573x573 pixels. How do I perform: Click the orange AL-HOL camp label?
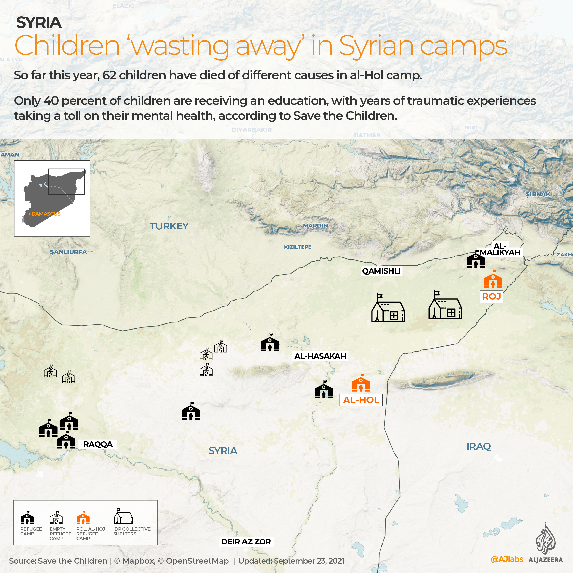click(x=361, y=400)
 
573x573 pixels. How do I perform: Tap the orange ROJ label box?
click(x=491, y=296)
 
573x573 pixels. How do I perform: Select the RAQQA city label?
click(x=98, y=444)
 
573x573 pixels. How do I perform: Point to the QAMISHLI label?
click(x=381, y=271)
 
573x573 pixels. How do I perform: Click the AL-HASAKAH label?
click(x=320, y=356)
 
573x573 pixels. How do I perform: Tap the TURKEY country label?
click(x=169, y=226)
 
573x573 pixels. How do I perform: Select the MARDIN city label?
click(x=315, y=225)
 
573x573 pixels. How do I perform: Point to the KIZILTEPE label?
click(x=297, y=247)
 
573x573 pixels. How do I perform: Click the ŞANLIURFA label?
click(x=68, y=252)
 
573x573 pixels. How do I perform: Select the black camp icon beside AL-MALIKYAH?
click(x=475, y=260)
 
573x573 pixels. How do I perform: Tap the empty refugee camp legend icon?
click(x=56, y=517)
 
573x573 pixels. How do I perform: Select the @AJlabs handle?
click(x=507, y=559)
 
